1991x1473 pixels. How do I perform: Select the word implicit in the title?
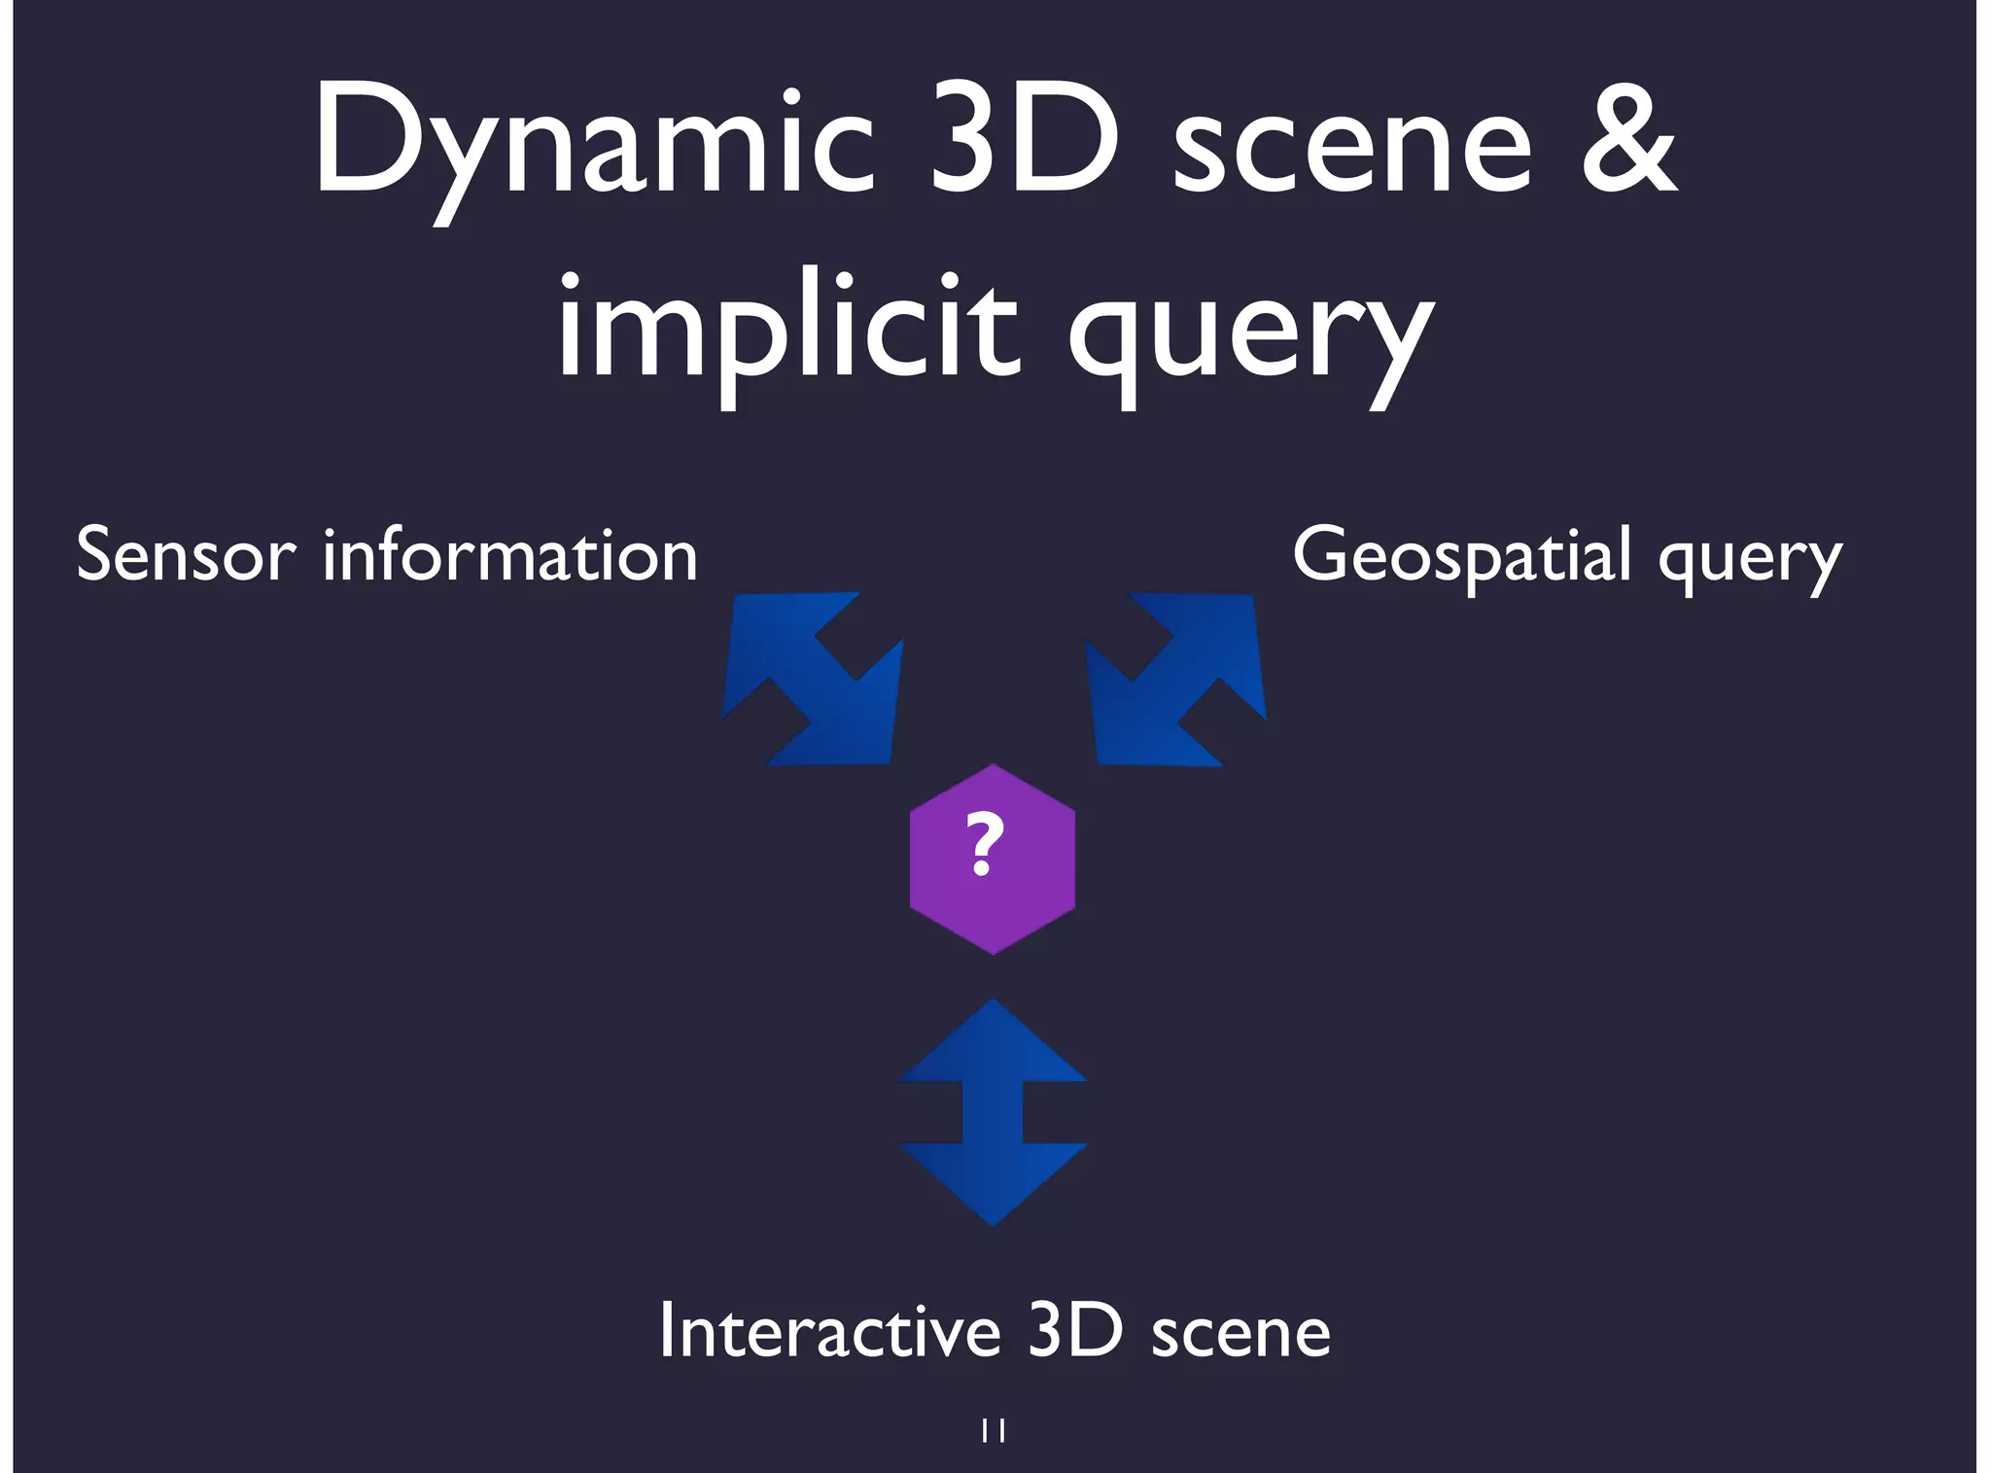click(x=787, y=331)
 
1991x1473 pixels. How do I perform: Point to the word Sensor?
click(x=185, y=555)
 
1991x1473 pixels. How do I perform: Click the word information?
click(x=510, y=555)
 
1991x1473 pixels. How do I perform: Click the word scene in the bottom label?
click(x=1241, y=1334)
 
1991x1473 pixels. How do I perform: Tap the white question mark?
click(x=985, y=843)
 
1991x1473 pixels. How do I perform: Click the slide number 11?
click(x=993, y=1430)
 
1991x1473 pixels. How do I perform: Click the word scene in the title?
click(x=1351, y=146)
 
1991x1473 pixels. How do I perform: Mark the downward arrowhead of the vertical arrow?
click(x=993, y=1181)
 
